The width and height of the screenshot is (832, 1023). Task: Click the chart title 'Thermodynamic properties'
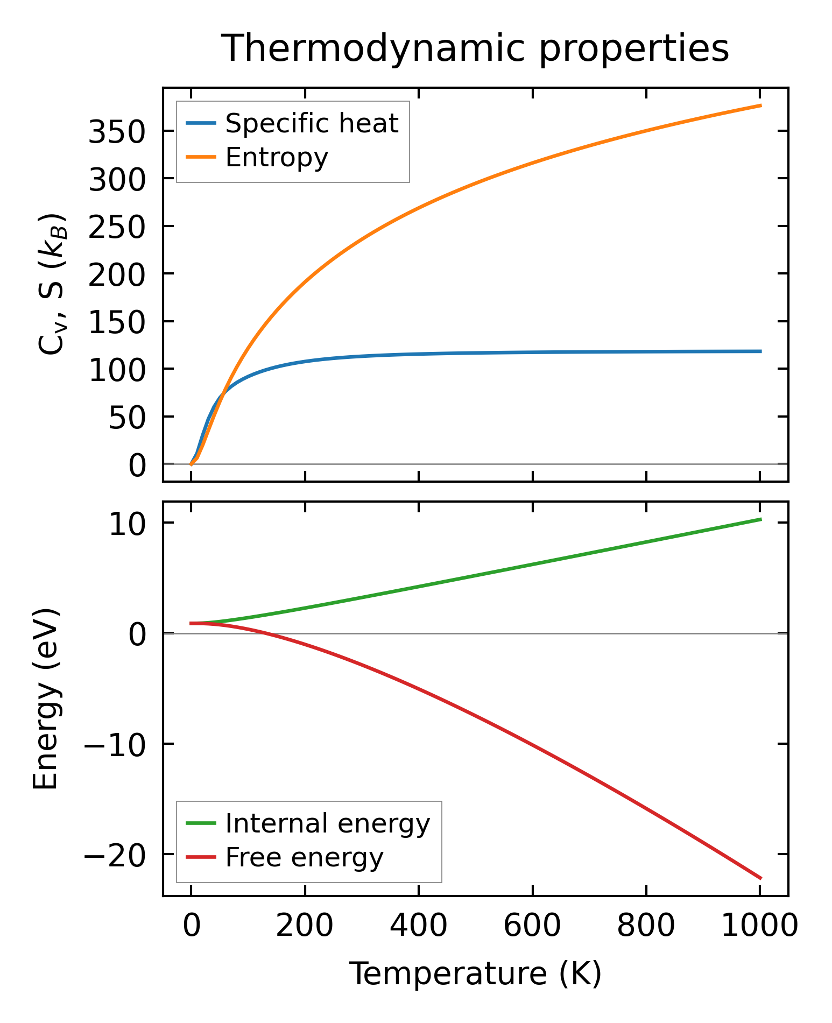coord(475,49)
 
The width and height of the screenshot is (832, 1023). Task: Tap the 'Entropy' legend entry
coord(277,158)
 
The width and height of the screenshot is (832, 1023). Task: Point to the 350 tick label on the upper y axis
coord(117,132)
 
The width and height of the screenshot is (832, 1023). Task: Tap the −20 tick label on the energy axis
coord(114,855)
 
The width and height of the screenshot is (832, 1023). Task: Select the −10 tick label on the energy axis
coord(114,745)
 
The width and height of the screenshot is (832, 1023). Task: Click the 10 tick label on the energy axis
coord(127,525)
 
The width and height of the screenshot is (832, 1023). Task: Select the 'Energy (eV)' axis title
coord(45,699)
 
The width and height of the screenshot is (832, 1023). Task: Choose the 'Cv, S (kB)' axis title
coord(52,284)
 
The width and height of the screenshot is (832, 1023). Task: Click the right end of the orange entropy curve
coord(760,105)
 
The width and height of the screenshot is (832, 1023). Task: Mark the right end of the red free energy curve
coord(760,878)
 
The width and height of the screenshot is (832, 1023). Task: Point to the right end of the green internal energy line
coord(760,519)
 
